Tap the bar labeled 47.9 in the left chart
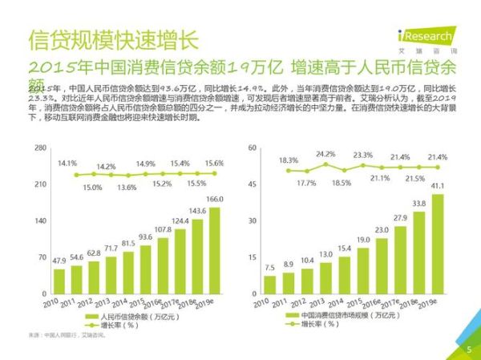point(59,281)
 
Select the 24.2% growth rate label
point(325,154)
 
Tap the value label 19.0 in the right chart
point(363,241)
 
